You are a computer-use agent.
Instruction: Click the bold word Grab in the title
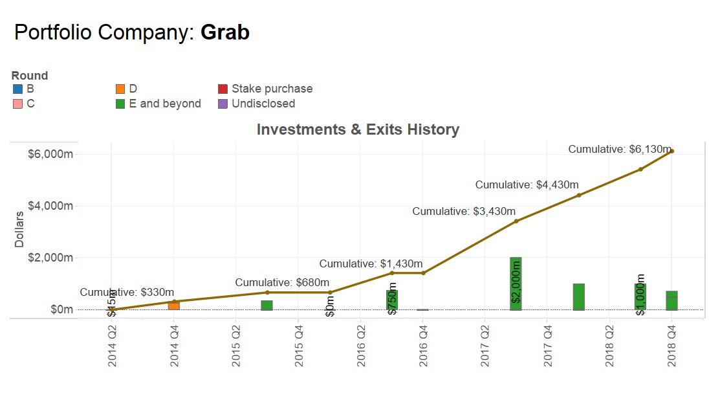coord(225,32)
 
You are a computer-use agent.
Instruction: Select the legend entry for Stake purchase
coord(272,89)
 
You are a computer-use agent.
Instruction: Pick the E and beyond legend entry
coord(165,104)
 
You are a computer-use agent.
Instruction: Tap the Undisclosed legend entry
coord(263,104)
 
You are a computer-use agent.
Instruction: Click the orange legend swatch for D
coord(120,89)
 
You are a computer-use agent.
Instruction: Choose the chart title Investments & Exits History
coord(358,129)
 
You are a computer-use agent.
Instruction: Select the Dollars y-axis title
coord(19,229)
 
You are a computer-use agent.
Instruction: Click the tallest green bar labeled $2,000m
coord(516,284)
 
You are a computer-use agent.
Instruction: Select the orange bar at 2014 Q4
coord(174,305)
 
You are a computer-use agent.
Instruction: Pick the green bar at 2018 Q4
coord(672,300)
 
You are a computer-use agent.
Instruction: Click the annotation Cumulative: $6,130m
coord(620,150)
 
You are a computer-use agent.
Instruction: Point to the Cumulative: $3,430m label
coord(464,211)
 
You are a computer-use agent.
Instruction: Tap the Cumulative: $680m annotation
coord(282,282)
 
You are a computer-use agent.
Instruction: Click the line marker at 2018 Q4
coord(672,151)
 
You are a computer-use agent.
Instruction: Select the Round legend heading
coord(30,76)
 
